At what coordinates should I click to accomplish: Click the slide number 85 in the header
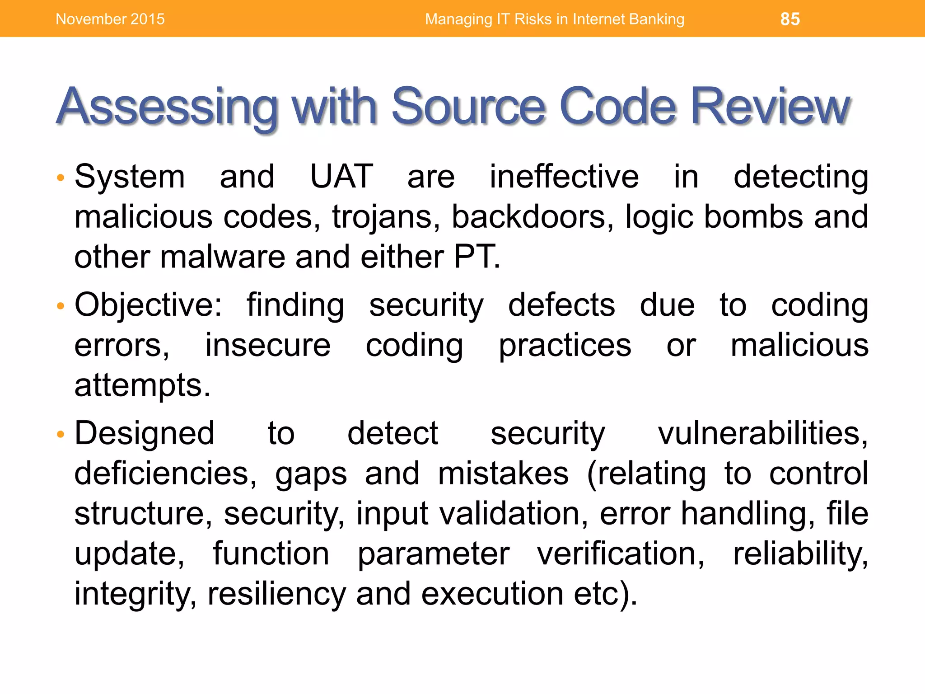(790, 19)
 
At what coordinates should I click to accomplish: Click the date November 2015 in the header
(110, 19)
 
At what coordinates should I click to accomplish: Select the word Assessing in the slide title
(167, 107)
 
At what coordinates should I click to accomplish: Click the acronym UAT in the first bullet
(341, 176)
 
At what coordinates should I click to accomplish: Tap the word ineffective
(564, 176)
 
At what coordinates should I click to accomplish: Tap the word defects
(561, 305)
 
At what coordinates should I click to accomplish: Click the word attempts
(142, 386)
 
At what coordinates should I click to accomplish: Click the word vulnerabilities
(762, 433)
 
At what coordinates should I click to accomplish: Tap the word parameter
(434, 554)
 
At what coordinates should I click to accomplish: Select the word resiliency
(276, 594)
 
